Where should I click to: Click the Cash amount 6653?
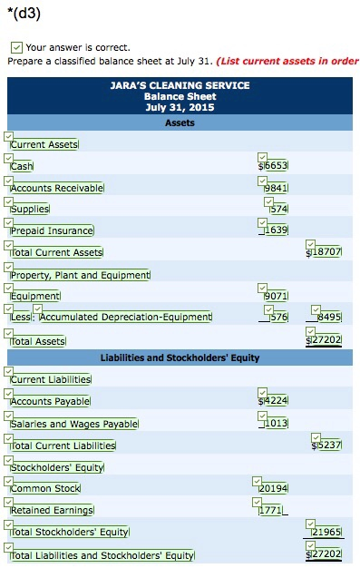click(x=277, y=167)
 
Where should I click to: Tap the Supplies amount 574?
click(x=279, y=210)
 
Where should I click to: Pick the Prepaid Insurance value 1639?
click(x=277, y=231)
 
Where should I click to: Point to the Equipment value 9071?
click(x=277, y=296)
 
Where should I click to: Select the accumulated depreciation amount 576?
click(x=279, y=317)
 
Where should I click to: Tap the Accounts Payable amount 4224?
click(x=277, y=401)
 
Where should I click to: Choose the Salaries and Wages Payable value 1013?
click(x=277, y=423)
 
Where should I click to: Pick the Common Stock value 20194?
click(x=275, y=489)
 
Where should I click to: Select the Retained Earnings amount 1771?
click(x=272, y=511)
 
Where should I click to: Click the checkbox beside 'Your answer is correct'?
click(x=17, y=46)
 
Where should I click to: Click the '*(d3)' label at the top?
click(x=23, y=13)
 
